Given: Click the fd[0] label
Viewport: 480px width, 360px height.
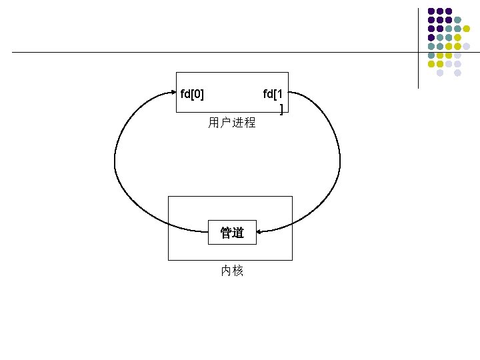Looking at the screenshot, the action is (x=193, y=93).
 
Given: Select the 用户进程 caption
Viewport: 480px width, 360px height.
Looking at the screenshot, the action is (x=231, y=123).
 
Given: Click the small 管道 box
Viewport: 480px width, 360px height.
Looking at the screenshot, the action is (x=232, y=233).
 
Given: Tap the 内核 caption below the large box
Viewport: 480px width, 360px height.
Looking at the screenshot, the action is (x=232, y=271).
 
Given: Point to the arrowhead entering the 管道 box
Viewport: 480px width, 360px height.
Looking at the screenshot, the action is (x=260, y=232).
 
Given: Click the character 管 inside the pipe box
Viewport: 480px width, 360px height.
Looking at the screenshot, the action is (x=226, y=233).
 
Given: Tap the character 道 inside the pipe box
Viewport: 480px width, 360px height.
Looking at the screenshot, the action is (x=238, y=233).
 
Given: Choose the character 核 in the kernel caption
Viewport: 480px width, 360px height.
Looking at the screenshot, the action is (x=238, y=271).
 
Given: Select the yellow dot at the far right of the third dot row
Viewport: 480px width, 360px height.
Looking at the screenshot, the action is (x=467, y=29).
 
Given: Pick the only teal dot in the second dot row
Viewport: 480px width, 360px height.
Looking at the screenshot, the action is (x=458, y=20).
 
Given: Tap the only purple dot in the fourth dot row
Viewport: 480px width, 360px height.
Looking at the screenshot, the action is (x=431, y=37).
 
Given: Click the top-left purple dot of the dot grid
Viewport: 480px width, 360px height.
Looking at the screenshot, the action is (x=431, y=11).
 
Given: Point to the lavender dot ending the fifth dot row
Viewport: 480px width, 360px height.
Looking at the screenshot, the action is (x=467, y=46).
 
